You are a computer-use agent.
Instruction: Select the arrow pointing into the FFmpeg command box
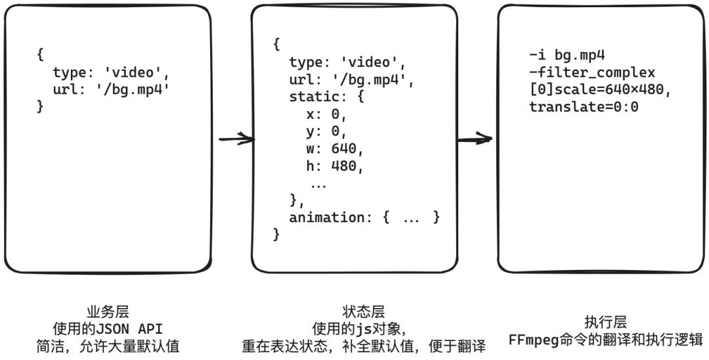[x=475, y=139]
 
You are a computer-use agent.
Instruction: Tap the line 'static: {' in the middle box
[x=326, y=97]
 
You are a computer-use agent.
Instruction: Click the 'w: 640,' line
[x=334, y=148]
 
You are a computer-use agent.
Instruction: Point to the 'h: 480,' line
[x=334, y=166]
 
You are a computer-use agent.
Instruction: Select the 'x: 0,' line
[x=326, y=114]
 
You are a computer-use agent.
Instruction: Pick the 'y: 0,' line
[x=326, y=131]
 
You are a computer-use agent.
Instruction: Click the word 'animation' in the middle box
[x=322, y=217]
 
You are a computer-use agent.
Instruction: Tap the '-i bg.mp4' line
[x=566, y=55]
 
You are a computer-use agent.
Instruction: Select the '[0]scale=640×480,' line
[x=600, y=89]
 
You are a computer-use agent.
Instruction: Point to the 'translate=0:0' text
[x=584, y=106]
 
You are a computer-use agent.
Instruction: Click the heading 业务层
[x=108, y=312]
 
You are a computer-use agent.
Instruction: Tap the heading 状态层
[x=363, y=312]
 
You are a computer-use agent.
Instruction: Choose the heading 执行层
[x=605, y=323]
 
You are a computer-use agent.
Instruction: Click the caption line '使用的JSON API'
[x=108, y=328]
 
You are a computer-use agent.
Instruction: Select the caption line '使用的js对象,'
[x=363, y=328]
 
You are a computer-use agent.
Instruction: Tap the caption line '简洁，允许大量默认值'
[x=108, y=346]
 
